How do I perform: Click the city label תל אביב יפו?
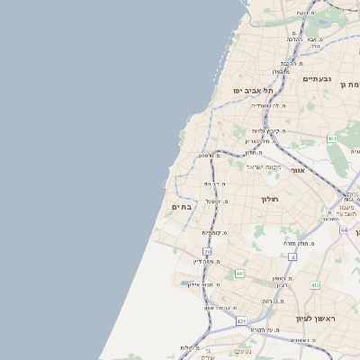click(x=253, y=90)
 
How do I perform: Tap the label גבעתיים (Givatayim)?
click(x=317, y=79)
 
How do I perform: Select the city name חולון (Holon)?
click(x=271, y=199)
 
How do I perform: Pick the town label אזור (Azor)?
click(x=300, y=169)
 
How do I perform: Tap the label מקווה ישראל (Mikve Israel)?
click(x=264, y=166)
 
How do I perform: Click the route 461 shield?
click(x=332, y=138)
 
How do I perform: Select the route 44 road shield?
click(x=344, y=229)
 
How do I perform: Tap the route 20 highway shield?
click(x=208, y=252)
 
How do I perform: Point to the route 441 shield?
click(x=239, y=273)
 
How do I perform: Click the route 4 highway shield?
click(x=292, y=256)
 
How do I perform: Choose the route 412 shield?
click(x=315, y=285)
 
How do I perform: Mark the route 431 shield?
click(x=241, y=320)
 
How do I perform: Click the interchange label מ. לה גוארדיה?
click(x=267, y=106)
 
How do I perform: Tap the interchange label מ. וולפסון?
click(x=211, y=157)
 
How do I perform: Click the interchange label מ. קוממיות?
click(x=214, y=232)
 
